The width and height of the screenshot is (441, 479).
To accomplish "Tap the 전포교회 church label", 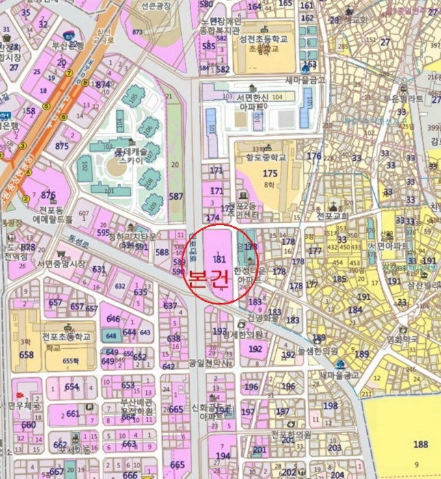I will point(333,215).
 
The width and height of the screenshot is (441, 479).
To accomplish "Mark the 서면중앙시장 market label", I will point(62,263).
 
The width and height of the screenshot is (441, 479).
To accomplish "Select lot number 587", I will point(176,197).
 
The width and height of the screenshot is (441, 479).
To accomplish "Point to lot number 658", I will point(26,354).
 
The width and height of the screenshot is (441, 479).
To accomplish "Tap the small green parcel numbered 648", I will point(111,335).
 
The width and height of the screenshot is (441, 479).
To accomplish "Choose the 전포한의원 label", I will point(291,434).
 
